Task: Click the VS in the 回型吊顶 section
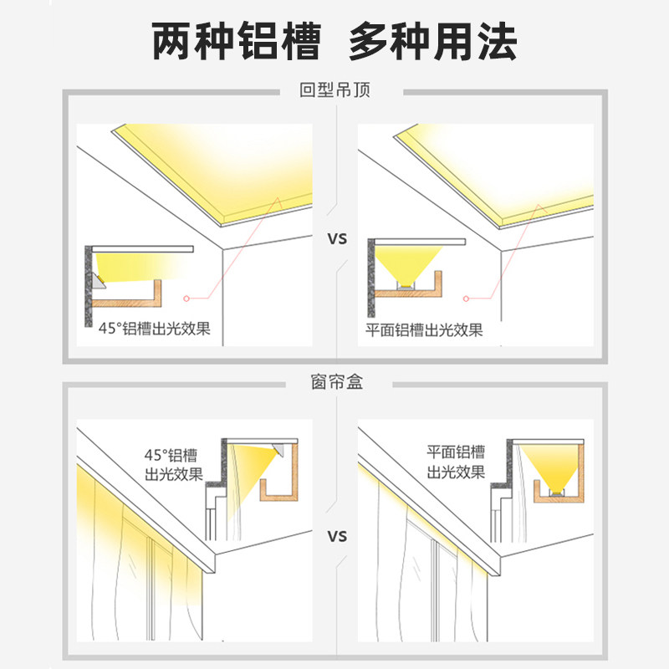click(x=336, y=239)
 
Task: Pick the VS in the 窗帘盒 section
click(x=336, y=535)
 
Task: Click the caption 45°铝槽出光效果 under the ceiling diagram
click(x=154, y=329)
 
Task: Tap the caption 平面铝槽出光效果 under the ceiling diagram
click(x=424, y=329)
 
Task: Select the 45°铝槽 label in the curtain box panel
click(x=173, y=456)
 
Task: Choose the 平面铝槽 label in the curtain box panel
click(x=456, y=453)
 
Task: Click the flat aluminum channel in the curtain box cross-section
click(x=556, y=493)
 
